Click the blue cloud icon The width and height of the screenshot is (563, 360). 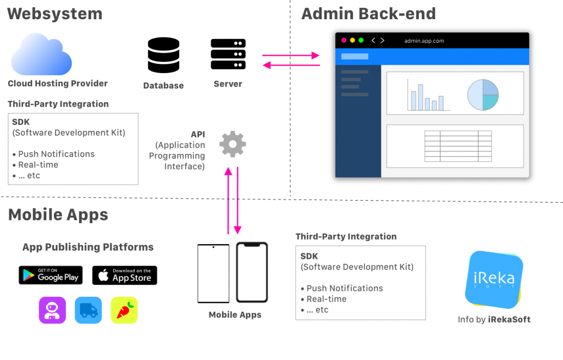coord(42,54)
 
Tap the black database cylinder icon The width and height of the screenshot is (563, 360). coord(163,55)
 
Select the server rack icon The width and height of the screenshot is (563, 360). coord(228,54)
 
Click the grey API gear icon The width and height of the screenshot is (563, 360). coord(233,144)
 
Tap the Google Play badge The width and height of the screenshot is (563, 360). coord(51,275)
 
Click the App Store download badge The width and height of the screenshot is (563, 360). coord(124,275)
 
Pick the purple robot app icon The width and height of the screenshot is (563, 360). coord(52,310)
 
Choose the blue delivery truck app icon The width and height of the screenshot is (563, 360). coord(89,310)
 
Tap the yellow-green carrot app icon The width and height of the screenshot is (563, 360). coord(124,310)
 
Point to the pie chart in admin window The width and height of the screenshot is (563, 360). coord(483,94)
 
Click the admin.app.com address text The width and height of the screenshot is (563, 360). coord(424,41)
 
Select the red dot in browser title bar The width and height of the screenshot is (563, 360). coord(344,40)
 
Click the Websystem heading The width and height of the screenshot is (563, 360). coord(55,14)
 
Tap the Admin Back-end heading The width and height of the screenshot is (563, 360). coord(368,14)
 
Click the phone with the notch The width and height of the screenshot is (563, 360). coord(252,272)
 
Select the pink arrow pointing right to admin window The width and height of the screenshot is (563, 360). coord(291,56)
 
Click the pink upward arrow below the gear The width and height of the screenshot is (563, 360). coord(228,200)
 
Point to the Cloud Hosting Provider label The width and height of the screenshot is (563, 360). coord(58,84)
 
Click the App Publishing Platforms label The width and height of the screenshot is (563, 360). coord(88,247)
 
